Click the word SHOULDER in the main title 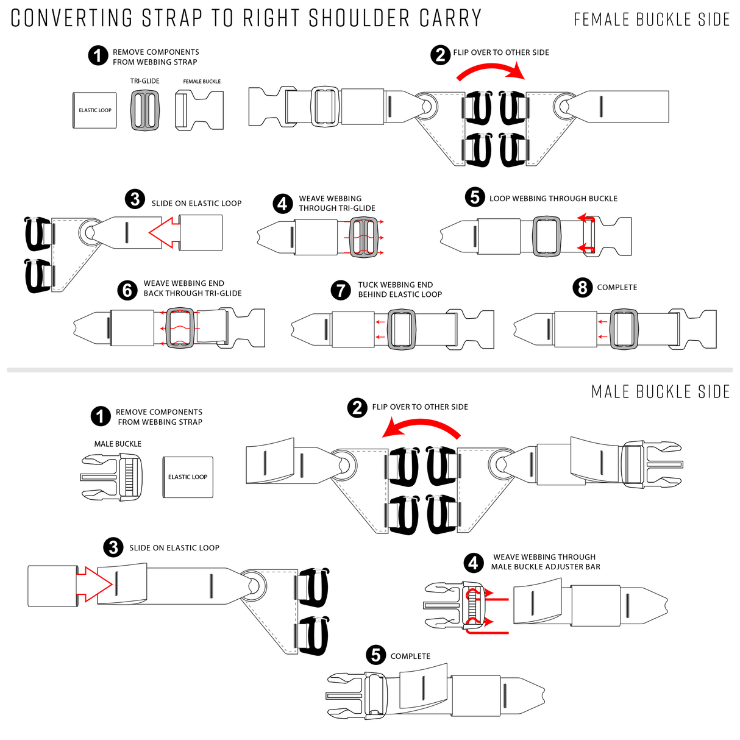click(x=359, y=18)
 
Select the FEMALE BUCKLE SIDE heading click(x=652, y=20)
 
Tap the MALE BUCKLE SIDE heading click(x=661, y=392)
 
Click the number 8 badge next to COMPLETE click(x=583, y=287)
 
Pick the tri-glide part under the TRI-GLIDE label click(x=145, y=110)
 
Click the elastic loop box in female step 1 click(x=94, y=110)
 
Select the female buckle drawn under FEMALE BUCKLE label click(x=200, y=110)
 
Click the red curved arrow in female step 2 click(x=491, y=72)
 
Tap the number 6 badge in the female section click(x=127, y=289)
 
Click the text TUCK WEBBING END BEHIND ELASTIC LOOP click(x=399, y=290)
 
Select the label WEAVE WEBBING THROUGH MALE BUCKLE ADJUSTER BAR click(x=546, y=562)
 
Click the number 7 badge click(x=341, y=290)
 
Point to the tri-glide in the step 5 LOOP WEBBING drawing click(x=546, y=236)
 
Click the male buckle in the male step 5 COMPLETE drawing click(x=357, y=695)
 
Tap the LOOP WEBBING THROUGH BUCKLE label click(x=553, y=199)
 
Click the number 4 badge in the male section click(x=474, y=563)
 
